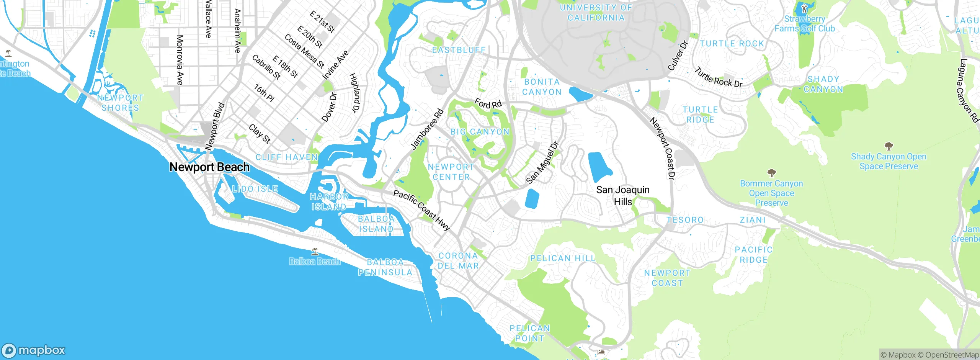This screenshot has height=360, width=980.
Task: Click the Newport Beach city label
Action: tap(209, 167)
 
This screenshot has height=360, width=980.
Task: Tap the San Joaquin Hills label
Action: tap(623, 195)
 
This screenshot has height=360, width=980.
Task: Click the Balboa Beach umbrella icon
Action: tap(315, 252)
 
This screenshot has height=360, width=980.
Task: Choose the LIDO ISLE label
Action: tap(255, 189)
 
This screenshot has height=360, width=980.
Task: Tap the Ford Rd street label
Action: tap(488, 103)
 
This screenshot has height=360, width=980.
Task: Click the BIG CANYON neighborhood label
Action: tap(480, 132)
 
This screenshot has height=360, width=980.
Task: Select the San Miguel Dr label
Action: tap(542, 163)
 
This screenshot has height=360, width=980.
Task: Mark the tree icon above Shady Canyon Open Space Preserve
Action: tap(889, 146)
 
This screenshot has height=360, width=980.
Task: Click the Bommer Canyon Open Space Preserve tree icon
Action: tap(771, 173)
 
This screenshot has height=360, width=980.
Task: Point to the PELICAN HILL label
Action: tap(563, 259)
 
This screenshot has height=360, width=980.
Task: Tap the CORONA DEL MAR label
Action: tap(458, 261)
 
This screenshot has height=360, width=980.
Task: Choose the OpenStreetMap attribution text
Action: tap(952, 355)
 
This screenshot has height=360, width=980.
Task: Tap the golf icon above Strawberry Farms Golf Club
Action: tap(804, 8)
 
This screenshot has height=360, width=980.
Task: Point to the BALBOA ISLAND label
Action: tap(376, 224)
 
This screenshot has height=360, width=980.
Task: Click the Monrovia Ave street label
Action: tap(180, 60)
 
